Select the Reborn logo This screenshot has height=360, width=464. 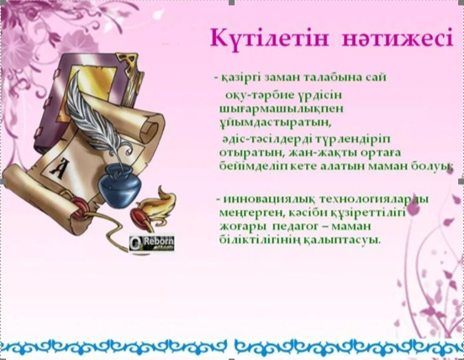(153, 241)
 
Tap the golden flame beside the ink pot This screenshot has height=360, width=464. (164, 202)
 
